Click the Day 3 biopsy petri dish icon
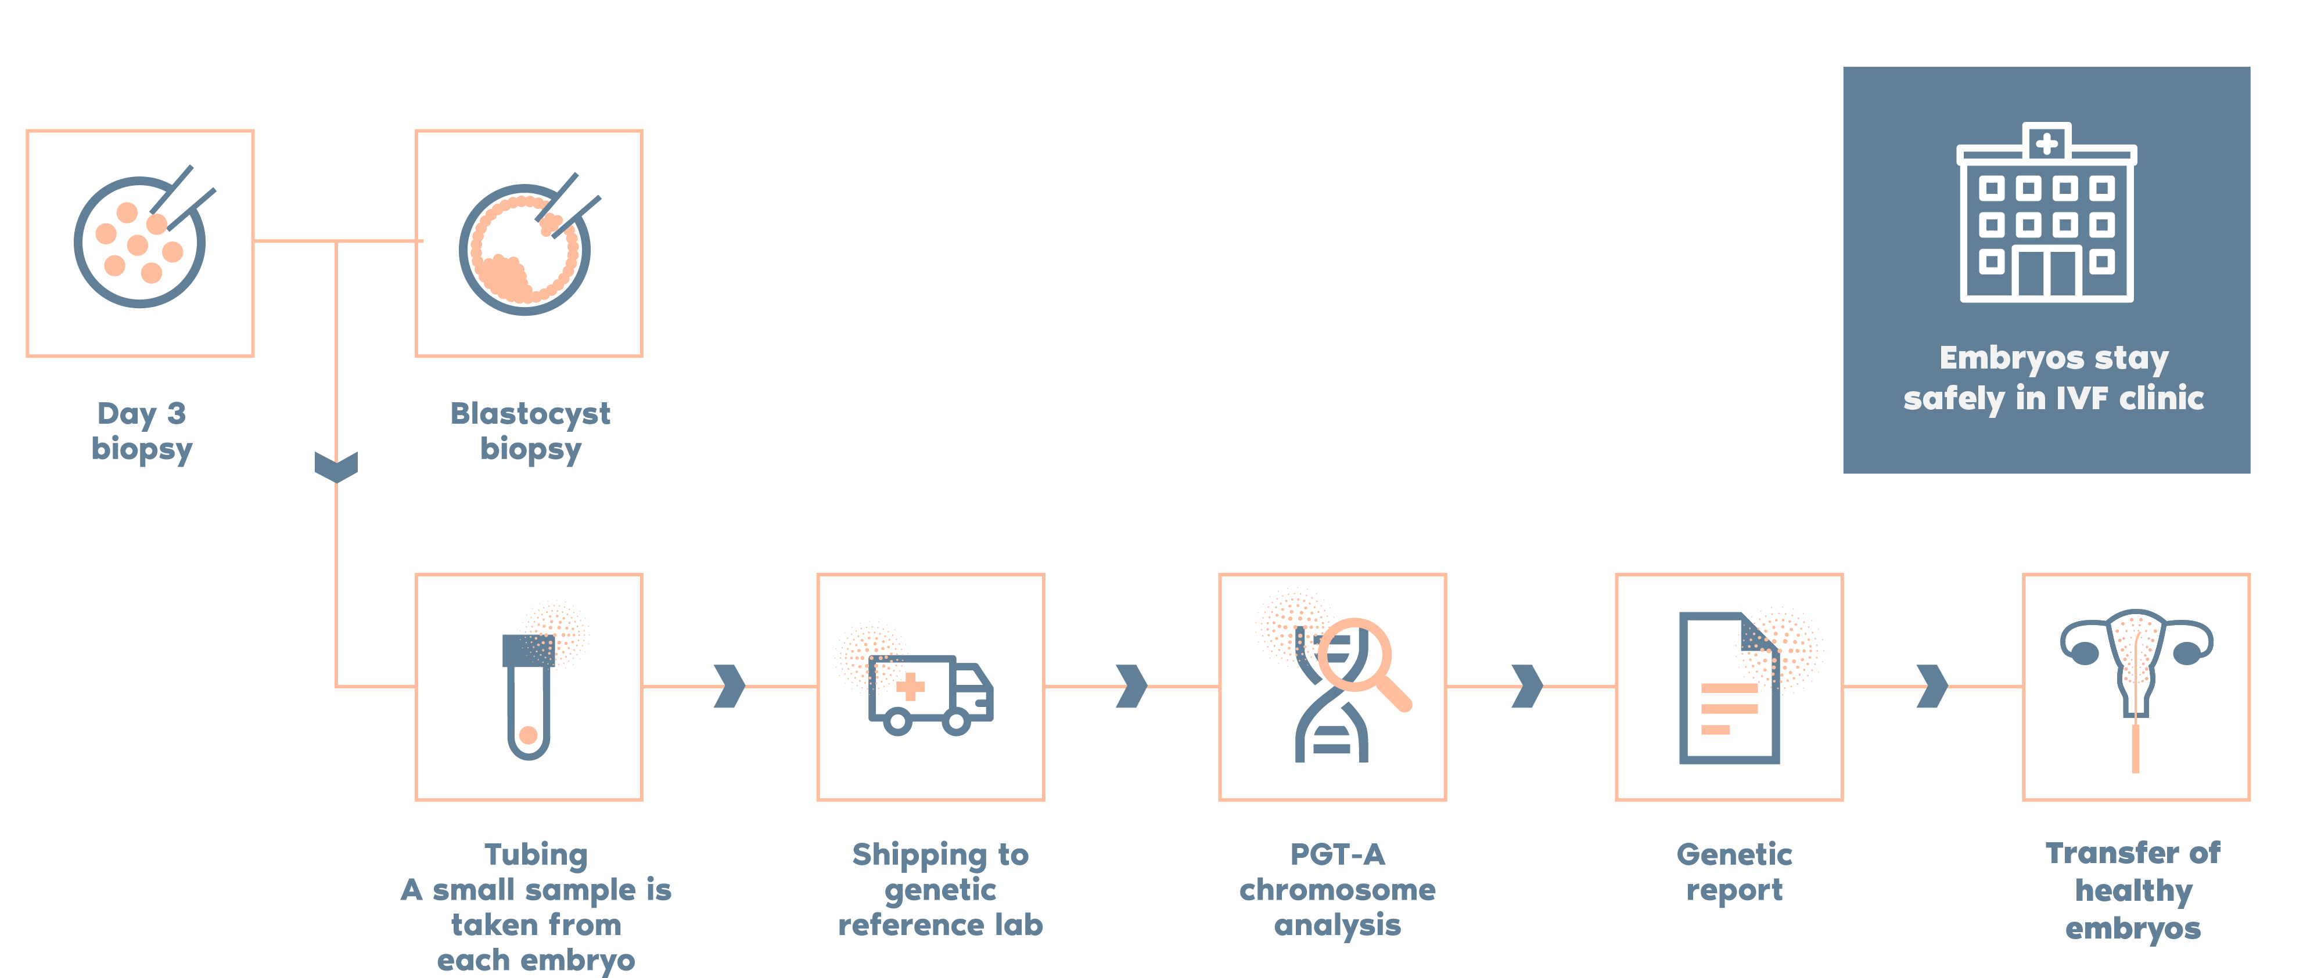click(139, 241)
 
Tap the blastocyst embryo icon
click(525, 248)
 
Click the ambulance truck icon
click(930, 694)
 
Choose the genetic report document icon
click(1728, 688)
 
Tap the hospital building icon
click(2046, 212)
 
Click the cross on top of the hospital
click(2046, 142)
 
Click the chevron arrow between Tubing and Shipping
click(730, 686)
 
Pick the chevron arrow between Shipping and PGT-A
click(1131, 686)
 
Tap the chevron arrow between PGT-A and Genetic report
click(1527, 686)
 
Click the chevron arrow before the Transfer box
click(1932, 686)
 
